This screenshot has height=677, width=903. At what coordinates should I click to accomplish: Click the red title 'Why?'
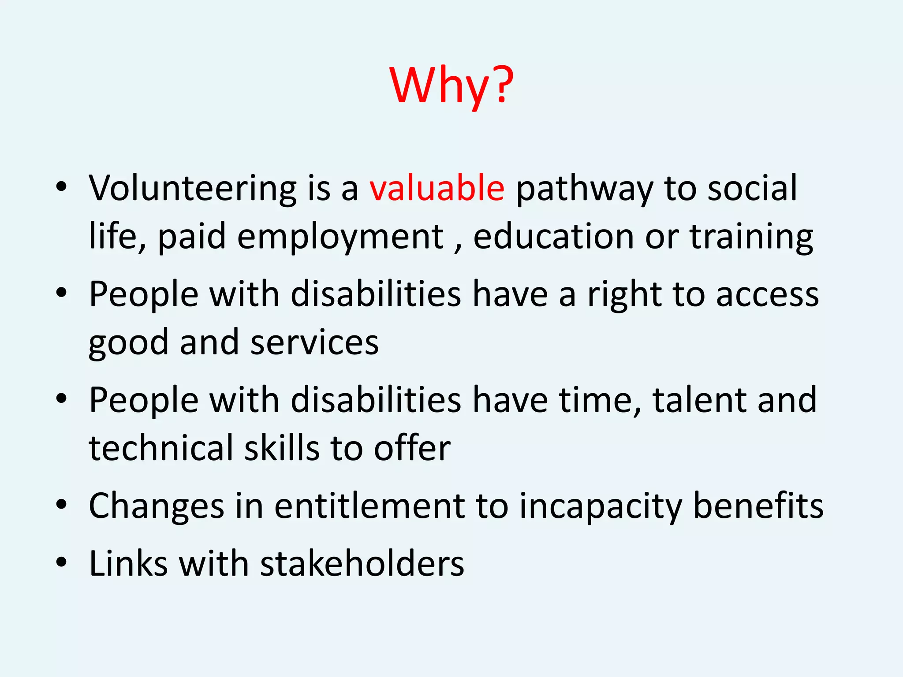tap(451, 86)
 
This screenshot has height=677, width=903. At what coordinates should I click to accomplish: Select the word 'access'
tap(767, 294)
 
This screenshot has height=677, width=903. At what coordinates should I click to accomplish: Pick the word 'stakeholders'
tap(362, 564)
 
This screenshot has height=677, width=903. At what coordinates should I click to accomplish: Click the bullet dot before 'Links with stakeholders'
tap(61, 562)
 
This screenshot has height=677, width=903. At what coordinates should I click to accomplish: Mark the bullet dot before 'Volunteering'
tap(61, 187)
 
